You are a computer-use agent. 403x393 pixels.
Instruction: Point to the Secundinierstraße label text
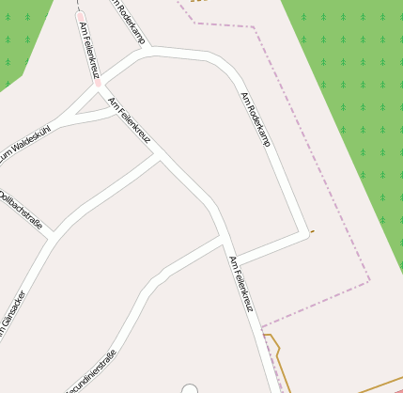pos(90,371)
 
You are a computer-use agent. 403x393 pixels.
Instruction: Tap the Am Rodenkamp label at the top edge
pos(131,19)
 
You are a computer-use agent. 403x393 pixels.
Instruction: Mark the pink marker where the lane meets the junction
pos(96,83)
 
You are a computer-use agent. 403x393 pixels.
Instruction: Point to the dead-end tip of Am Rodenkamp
pos(304,233)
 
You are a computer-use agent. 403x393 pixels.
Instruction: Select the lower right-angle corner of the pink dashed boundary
pos(369,279)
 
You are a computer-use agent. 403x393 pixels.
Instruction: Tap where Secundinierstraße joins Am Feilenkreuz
pos(223,239)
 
